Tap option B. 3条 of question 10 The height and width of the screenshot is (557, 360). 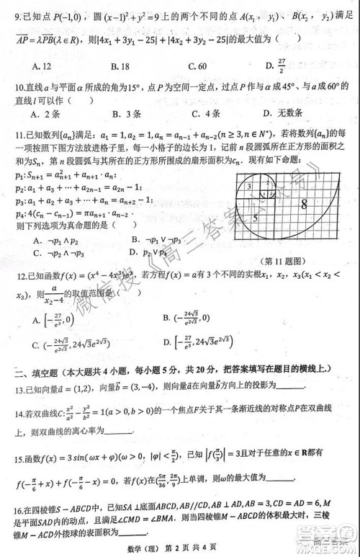(x=126, y=113)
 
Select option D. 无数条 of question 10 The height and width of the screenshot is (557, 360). (x=284, y=113)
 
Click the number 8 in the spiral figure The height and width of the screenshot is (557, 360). (x=304, y=205)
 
